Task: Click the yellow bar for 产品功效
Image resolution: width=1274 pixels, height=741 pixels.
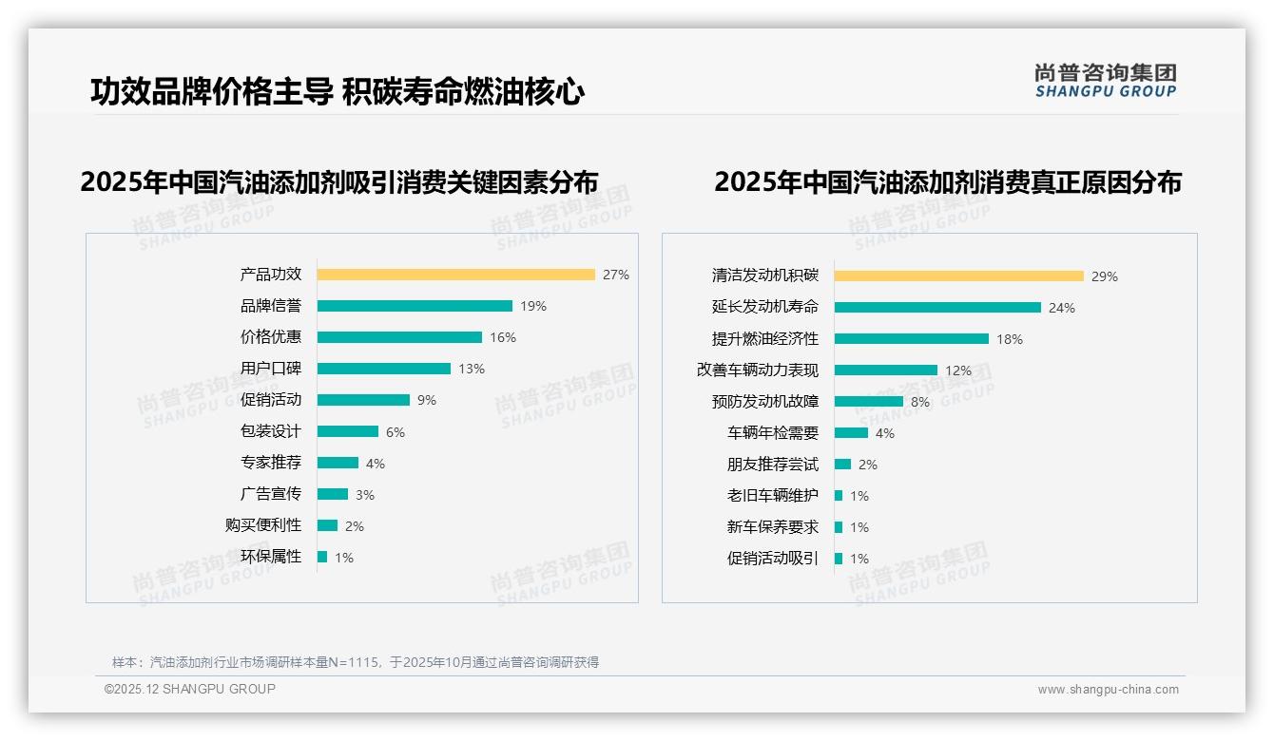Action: [455, 275]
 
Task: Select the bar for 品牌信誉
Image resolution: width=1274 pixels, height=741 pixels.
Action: [415, 306]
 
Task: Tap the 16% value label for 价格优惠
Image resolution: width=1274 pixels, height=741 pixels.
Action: [502, 337]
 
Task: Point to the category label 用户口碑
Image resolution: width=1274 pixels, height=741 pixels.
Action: [271, 369]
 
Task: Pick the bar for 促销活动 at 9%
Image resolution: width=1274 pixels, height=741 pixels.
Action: [363, 400]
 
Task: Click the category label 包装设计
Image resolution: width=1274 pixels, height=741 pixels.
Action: [271, 431]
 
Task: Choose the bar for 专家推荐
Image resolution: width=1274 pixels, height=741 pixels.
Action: [338, 463]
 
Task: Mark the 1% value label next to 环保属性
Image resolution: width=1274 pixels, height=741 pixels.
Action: [343, 558]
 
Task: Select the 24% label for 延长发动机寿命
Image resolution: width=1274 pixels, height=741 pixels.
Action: [1061, 308]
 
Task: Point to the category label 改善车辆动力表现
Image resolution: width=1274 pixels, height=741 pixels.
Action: [757, 370]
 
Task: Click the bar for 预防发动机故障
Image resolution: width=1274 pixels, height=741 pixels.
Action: [868, 402]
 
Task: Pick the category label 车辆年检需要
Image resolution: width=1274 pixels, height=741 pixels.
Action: [772, 433]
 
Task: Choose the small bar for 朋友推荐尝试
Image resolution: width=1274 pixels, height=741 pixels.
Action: [842, 465]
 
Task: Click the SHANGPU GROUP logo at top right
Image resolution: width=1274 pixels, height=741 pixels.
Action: [1105, 81]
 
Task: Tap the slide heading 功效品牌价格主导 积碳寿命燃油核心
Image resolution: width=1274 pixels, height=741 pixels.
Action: [337, 91]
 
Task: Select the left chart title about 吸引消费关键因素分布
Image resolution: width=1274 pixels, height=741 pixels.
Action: [338, 181]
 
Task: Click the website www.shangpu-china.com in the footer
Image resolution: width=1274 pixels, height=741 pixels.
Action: [1108, 690]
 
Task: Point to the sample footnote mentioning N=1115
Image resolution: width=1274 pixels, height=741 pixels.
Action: [355, 662]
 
